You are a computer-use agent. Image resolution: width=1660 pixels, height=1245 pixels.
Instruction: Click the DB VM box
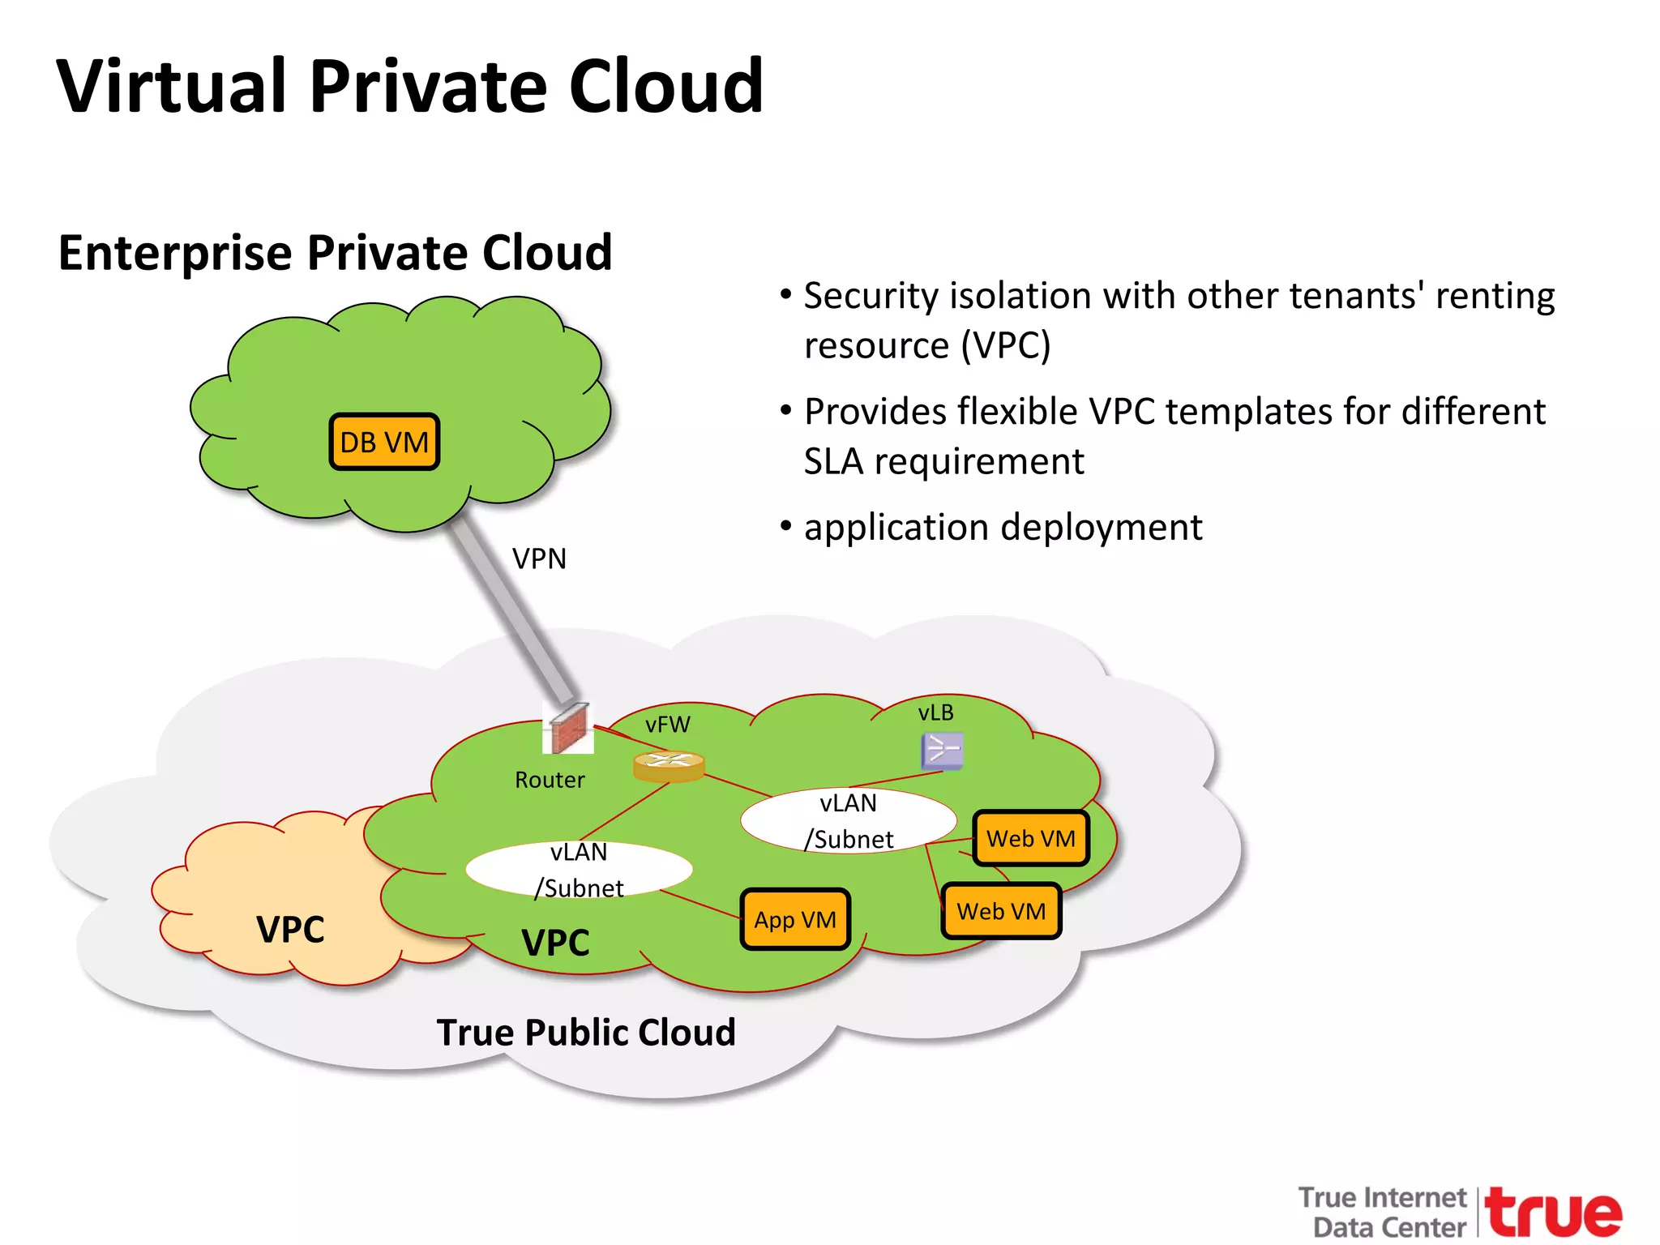tap(384, 442)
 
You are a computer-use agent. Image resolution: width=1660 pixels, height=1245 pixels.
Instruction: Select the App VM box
tap(795, 919)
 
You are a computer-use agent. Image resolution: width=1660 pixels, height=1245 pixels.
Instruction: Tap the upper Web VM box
tap(1030, 838)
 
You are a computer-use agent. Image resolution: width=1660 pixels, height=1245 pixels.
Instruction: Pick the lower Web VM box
tap(1001, 911)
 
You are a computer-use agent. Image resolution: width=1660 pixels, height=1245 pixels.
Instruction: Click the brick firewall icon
tap(569, 728)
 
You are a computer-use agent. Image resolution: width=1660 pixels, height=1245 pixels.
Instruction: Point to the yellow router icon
tap(669, 766)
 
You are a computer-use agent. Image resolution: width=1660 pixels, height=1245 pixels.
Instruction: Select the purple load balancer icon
tap(942, 751)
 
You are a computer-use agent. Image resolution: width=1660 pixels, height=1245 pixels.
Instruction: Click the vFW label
tap(668, 724)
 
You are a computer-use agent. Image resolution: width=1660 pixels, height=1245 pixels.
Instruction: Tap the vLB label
tap(935, 712)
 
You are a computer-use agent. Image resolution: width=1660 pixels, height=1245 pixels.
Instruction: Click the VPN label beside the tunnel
tap(539, 558)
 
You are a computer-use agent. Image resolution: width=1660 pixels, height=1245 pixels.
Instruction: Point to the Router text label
tap(550, 780)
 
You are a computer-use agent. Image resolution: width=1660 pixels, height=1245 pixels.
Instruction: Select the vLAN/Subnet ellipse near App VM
tap(579, 870)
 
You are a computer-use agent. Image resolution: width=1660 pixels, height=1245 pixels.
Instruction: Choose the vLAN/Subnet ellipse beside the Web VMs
tap(848, 820)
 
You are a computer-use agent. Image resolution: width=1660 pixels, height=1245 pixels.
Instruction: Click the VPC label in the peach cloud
tap(290, 929)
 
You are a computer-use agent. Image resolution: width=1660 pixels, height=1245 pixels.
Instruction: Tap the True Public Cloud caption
tap(586, 1033)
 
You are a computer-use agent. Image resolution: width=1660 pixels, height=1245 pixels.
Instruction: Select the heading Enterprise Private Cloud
tap(336, 252)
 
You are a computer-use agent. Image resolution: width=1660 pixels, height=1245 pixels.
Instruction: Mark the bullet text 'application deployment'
tap(1003, 528)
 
